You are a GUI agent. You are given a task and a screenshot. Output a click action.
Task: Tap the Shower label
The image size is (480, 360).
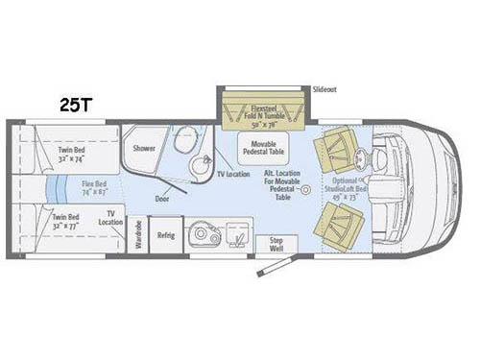[x=144, y=149]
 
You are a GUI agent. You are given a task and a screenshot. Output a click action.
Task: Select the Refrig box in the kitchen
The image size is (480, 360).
[x=165, y=234]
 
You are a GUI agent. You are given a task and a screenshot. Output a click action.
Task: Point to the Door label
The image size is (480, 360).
[x=162, y=199]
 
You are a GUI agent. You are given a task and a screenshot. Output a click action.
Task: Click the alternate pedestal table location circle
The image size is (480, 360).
[x=305, y=190]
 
